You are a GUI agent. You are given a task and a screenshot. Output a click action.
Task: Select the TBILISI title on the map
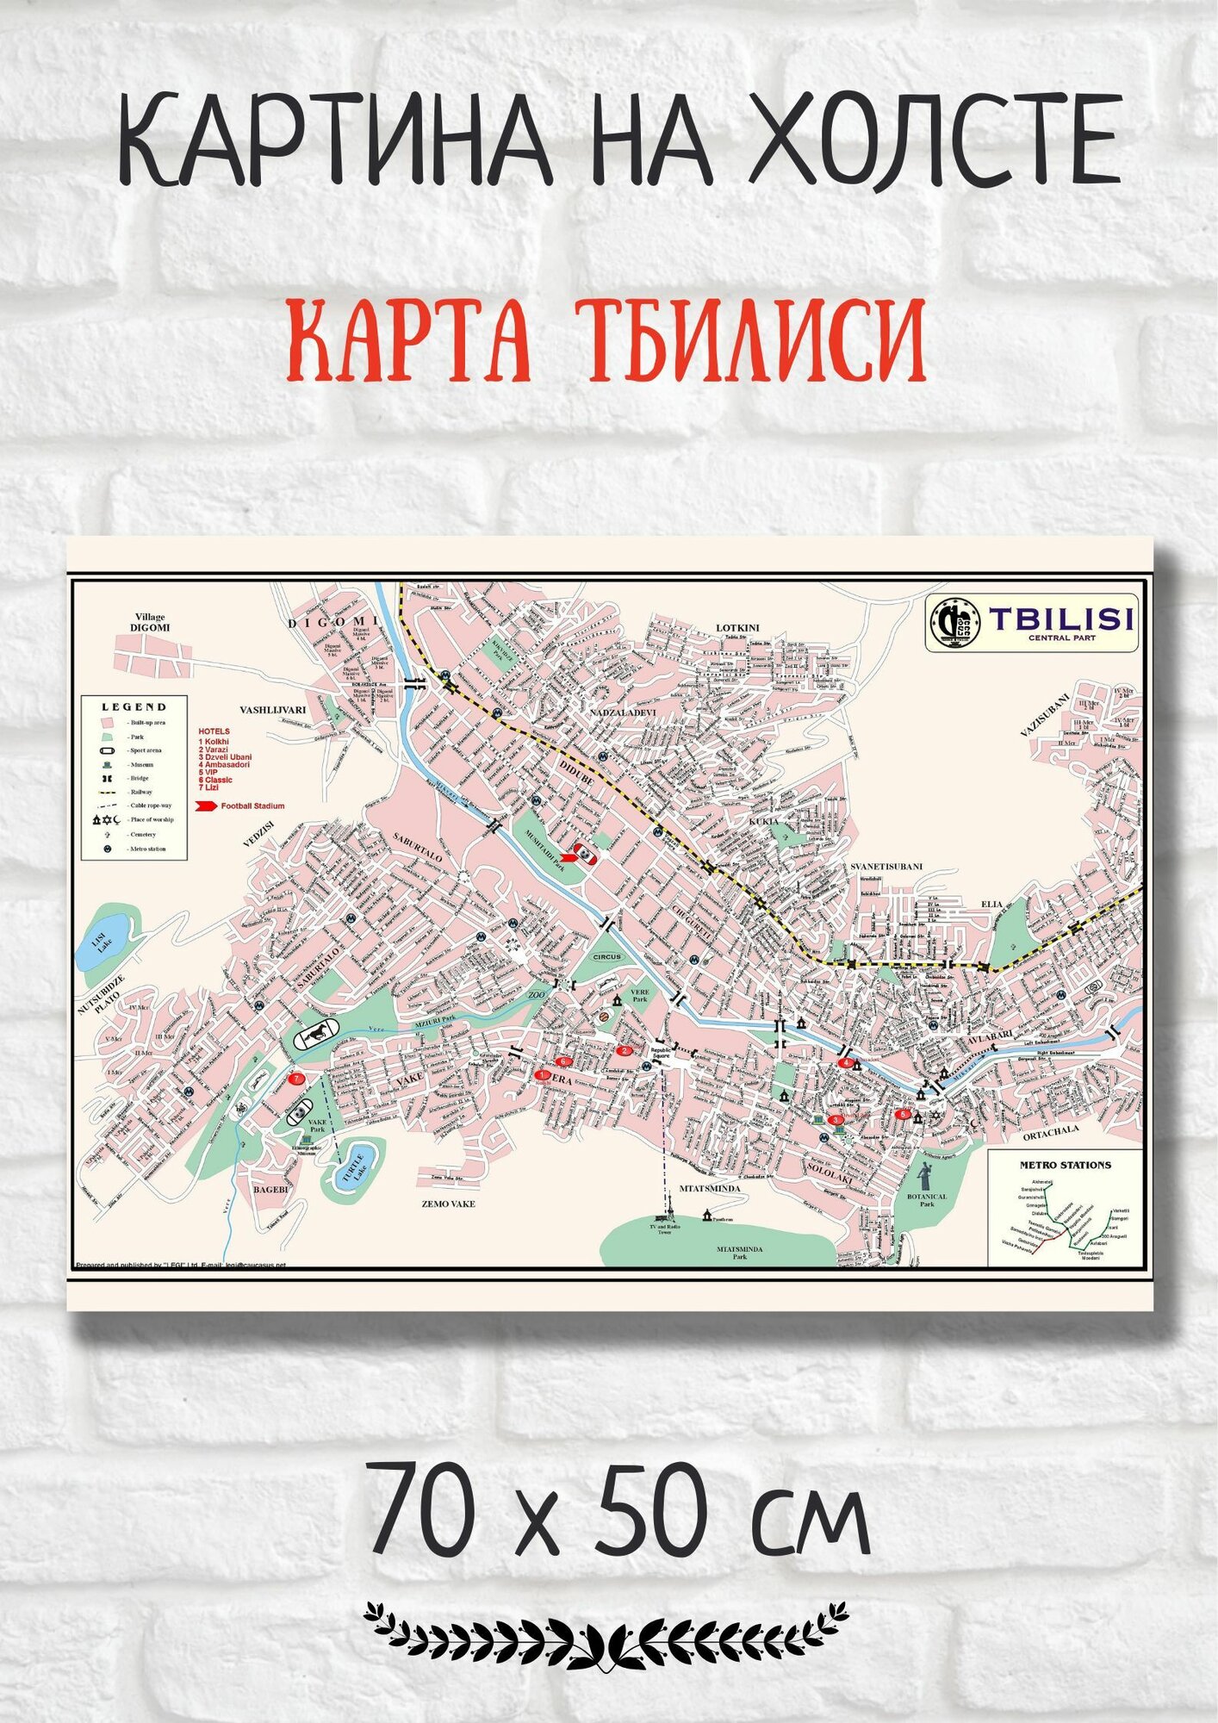tap(1060, 619)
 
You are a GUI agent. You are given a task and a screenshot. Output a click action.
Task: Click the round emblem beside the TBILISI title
tap(954, 622)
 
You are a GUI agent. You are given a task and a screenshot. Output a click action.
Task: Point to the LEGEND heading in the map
tap(134, 706)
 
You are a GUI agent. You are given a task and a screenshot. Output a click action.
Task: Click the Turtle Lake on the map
tap(352, 1166)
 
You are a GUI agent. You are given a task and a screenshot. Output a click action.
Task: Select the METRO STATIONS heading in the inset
tap(1065, 1165)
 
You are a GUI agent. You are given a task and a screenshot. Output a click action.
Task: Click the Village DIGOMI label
tap(149, 623)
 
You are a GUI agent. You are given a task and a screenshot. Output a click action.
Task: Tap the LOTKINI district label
tap(738, 627)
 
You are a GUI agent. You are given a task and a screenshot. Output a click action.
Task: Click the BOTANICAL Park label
tap(927, 1200)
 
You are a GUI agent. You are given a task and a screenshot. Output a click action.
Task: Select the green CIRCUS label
tap(606, 957)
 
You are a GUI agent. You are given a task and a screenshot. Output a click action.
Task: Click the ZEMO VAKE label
tap(448, 1204)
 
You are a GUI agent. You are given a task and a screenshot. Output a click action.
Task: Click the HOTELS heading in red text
tap(214, 731)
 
